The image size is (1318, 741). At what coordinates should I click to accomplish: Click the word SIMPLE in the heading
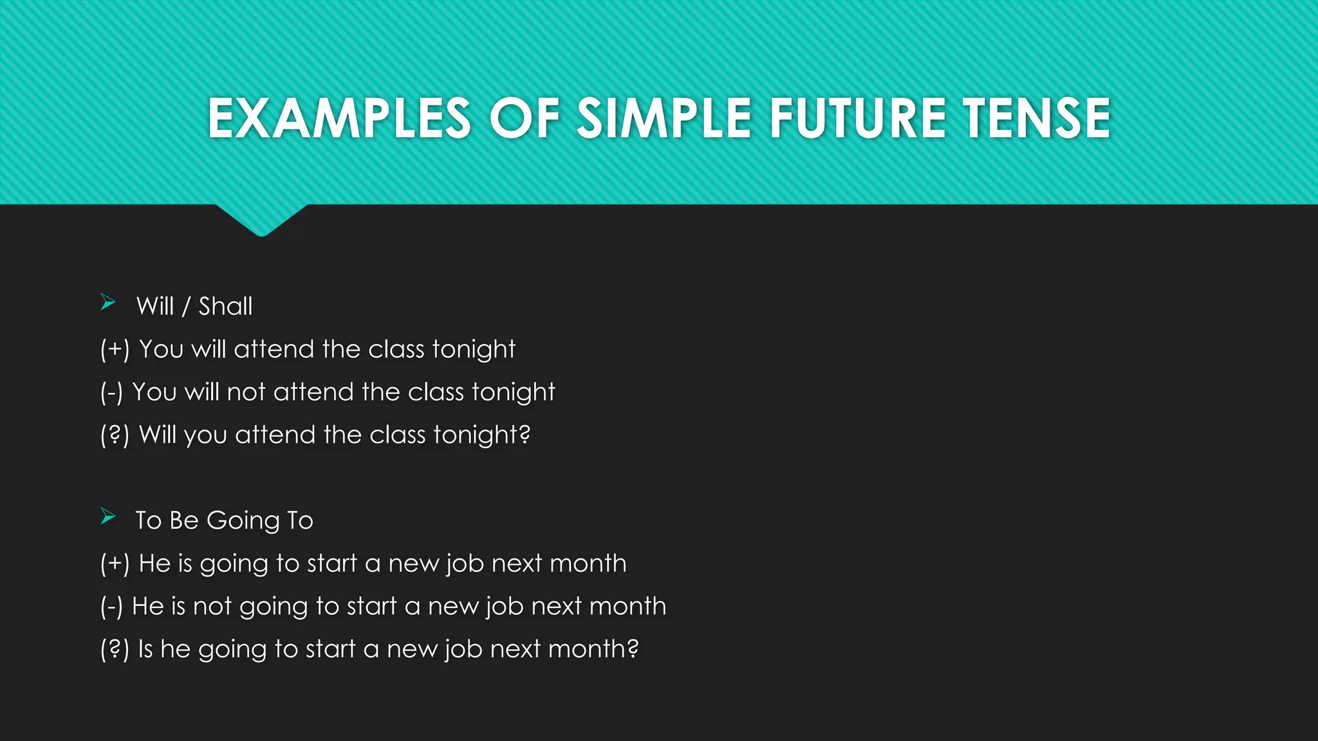664,118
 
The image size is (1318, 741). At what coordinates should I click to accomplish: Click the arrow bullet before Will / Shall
108,302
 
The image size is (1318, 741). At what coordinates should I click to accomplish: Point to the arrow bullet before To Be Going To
108,517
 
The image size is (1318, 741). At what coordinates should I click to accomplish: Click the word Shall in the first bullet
225,306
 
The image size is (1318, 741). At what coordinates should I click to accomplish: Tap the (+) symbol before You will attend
115,349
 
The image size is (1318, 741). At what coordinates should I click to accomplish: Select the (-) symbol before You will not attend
111,392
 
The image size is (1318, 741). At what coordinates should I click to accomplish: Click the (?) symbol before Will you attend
115,435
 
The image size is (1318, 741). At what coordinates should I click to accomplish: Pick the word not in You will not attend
246,392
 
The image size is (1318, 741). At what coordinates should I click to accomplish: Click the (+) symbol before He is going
115,563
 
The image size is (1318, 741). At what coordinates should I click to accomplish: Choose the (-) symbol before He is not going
111,607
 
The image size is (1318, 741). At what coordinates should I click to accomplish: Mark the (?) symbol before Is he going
115,650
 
